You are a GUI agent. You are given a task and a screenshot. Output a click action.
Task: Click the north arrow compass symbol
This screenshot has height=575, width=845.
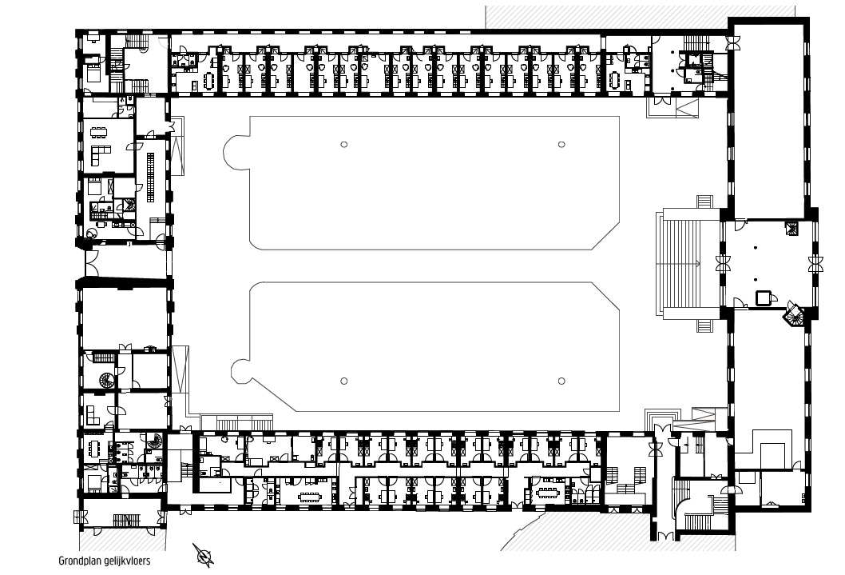(204, 555)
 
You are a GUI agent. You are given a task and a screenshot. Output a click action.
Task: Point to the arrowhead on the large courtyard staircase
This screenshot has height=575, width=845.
(698, 264)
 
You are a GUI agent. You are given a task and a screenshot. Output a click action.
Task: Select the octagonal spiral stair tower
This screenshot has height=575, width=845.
(793, 314)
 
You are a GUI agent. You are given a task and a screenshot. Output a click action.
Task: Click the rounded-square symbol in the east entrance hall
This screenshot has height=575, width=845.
(764, 297)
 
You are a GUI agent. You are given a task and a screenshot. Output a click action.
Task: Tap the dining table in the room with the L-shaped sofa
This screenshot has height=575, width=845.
(98, 131)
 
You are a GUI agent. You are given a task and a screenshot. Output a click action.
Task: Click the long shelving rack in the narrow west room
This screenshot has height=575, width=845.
(151, 178)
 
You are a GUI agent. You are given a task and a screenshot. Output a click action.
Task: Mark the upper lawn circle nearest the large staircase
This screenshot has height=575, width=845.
(561, 145)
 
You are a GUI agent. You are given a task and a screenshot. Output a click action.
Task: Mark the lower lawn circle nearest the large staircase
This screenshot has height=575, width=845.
(561, 381)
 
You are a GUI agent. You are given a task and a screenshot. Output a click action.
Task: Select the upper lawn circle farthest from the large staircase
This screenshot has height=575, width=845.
(343, 145)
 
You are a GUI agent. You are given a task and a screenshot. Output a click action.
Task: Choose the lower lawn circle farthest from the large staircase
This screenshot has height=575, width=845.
(343, 381)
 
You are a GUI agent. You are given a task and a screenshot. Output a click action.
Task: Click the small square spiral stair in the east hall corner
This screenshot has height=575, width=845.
(791, 228)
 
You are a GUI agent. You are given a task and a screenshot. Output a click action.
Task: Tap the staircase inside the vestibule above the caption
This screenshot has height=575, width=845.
(126, 520)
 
